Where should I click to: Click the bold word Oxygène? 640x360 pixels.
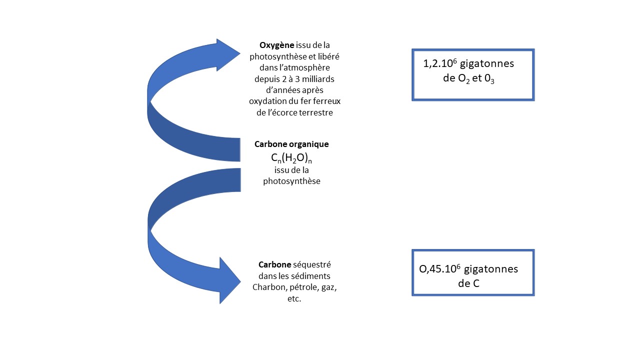click(277, 44)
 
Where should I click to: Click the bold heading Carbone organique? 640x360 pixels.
click(291, 144)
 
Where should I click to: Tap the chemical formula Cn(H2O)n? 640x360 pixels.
click(291, 158)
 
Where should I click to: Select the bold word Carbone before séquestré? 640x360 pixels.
click(274, 264)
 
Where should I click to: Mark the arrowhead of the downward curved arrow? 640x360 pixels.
click(230, 280)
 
